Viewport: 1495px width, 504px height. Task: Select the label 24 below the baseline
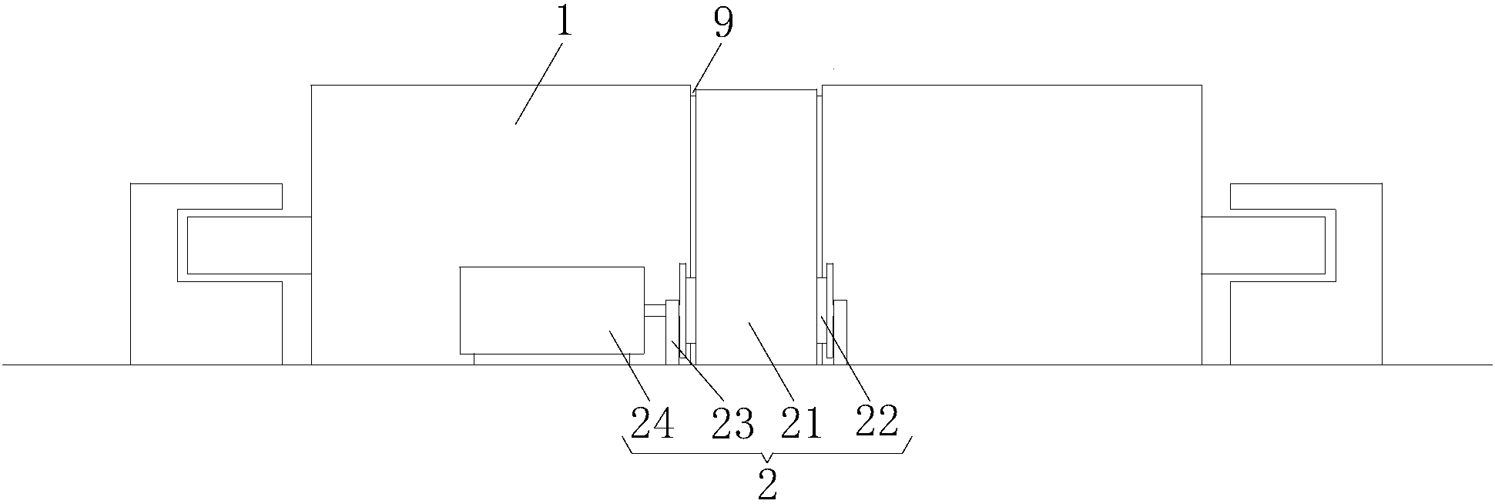click(652, 423)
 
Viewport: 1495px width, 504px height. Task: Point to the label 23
click(732, 423)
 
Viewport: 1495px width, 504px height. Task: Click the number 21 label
click(801, 423)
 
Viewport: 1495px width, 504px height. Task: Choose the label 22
click(877, 422)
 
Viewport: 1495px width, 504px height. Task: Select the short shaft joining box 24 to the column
click(655, 311)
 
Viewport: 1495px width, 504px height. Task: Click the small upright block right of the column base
click(840, 331)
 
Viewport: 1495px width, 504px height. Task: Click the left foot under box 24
click(474, 359)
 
